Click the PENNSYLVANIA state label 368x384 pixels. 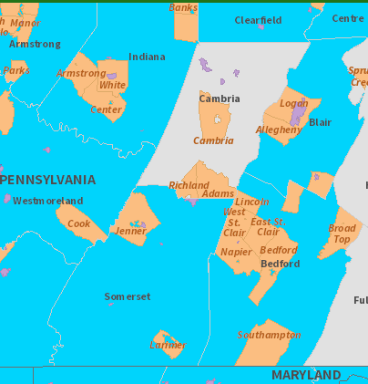48,180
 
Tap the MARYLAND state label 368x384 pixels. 306,375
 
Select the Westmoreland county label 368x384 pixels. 47,201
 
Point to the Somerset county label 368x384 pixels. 127,296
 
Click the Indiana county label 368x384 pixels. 147,57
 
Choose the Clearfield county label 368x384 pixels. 258,20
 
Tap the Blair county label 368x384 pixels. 320,122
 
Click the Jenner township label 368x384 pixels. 131,232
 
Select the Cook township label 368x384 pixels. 79,223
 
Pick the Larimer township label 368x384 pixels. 168,345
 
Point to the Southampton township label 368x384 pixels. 269,335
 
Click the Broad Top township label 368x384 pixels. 342,234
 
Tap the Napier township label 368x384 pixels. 236,252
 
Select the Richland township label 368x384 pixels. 189,185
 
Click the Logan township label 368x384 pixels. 293,104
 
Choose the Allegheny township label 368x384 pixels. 279,130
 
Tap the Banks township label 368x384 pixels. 183,8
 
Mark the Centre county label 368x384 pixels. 347,18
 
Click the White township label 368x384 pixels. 112,85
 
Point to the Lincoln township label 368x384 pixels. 251,202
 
